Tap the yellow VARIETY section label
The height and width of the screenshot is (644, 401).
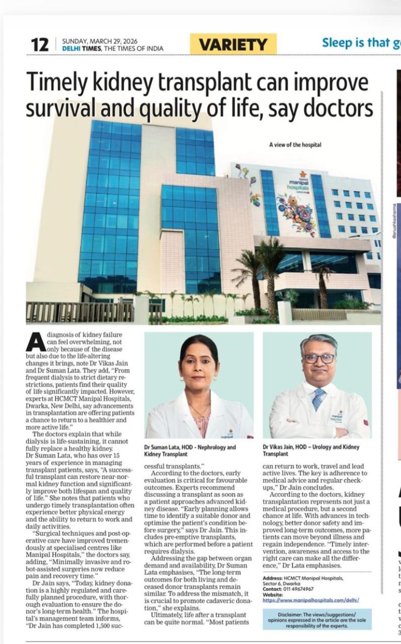(233, 44)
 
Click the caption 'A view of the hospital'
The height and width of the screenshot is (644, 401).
(295, 145)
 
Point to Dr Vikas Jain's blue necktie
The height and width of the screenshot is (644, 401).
(318, 399)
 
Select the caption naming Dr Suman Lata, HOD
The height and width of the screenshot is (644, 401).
(190, 451)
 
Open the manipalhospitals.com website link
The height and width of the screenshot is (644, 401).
(311, 601)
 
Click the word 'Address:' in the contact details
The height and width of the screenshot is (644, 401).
(274, 579)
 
